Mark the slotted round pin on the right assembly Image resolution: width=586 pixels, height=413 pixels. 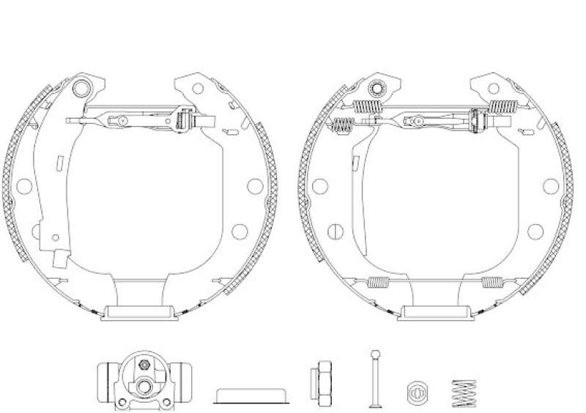coord(334,231)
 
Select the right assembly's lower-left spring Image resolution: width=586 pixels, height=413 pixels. coord(377,283)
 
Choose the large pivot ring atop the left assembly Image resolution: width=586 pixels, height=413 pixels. coord(84,89)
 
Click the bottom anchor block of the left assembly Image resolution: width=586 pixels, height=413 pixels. coord(141,312)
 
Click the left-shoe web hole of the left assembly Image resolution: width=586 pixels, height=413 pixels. coord(23,186)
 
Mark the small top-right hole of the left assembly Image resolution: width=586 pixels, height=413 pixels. coord(197,89)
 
